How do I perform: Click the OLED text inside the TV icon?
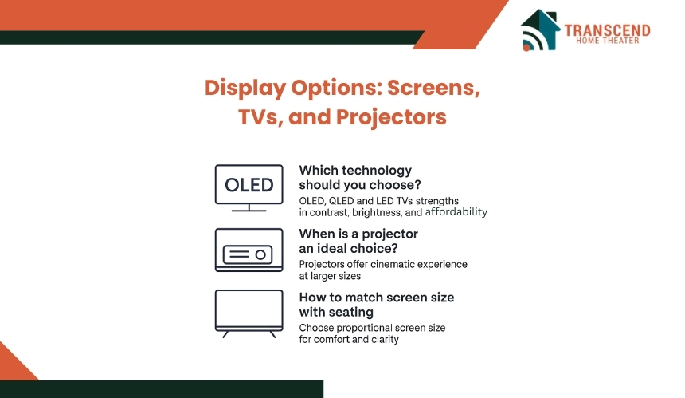[x=249, y=185]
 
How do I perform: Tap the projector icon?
[x=249, y=250]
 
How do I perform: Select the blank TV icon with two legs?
[x=249, y=313]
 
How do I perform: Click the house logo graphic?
[x=540, y=30]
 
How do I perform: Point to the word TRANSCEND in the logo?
[x=607, y=30]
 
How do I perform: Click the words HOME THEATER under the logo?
[x=607, y=41]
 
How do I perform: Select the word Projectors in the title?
[x=391, y=118]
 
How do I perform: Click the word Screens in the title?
[x=434, y=88]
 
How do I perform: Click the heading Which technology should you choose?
[x=360, y=178]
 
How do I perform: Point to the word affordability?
[x=456, y=212]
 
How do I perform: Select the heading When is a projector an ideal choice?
[x=358, y=241]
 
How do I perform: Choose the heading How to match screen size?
[x=377, y=298]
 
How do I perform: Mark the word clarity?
[x=385, y=340]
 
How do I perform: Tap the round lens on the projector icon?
[x=260, y=254]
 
